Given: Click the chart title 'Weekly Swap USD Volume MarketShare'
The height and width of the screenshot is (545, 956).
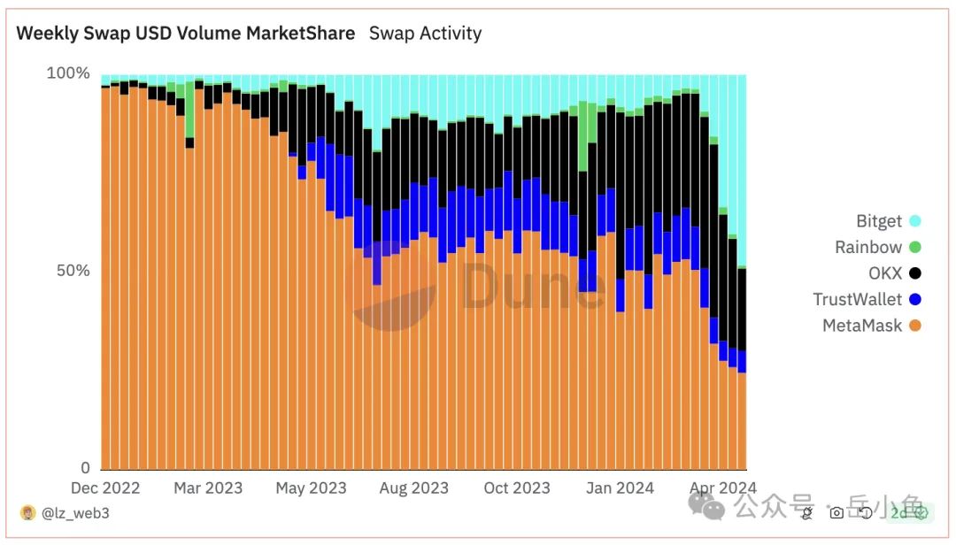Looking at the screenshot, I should pos(186,34).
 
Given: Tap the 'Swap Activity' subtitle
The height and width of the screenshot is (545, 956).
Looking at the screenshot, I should pos(425,34).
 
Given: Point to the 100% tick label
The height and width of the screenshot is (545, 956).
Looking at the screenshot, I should pos(68,73).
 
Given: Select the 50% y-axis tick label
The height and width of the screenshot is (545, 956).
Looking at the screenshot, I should pos(73,271).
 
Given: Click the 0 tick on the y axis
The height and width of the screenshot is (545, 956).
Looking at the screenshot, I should pos(85,468).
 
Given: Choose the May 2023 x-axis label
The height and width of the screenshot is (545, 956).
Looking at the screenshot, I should pos(311,488).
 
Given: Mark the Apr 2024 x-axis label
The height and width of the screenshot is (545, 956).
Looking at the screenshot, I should pos(722,488).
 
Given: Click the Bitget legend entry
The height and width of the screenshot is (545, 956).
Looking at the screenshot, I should pos(879,221).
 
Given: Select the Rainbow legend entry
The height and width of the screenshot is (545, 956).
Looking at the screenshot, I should pos(868,248).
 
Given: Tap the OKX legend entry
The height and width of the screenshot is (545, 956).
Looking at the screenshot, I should pos(885,273).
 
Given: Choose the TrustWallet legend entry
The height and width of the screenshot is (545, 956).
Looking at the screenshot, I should pos(858,300).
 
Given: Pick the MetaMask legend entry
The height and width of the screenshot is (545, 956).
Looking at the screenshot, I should pos(862,326).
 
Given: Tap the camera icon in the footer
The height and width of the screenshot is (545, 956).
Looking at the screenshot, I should pos(836,511).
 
